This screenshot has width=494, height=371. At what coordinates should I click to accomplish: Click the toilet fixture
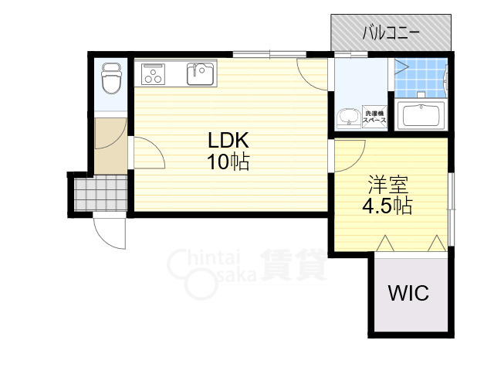[x=111, y=78]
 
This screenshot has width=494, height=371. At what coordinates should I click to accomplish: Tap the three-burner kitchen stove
[x=153, y=74]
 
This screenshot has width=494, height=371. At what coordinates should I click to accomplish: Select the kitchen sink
[x=201, y=74]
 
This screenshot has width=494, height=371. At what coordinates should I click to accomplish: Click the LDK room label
[x=228, y=141]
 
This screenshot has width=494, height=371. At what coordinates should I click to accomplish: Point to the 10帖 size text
[x=228, y=162]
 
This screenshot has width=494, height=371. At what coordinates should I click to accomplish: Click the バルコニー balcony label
[x=391, y=32]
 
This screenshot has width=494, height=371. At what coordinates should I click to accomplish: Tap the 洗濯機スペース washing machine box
[x=374, y=117]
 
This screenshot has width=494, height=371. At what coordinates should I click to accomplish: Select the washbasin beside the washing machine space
[x=348, y=118]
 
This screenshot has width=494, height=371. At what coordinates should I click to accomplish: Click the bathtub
[x=421, y=116]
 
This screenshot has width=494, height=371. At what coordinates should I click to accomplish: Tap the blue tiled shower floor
[x=421, y=77]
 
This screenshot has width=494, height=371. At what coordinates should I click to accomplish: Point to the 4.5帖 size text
[x=387, y=206]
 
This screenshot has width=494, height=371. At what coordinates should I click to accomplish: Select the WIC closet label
[x=408, y=293]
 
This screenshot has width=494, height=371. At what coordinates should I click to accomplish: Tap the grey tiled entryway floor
[x=101, y=192]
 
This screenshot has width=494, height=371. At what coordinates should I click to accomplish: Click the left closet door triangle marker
[x=385, y=243]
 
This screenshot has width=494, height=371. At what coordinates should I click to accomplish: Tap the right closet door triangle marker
[x=437, y=243]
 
